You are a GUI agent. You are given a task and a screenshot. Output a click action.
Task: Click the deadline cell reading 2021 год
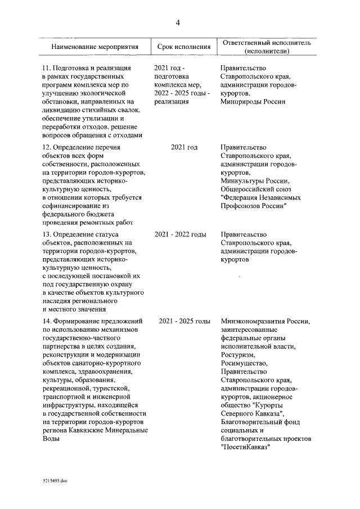click(184, 147)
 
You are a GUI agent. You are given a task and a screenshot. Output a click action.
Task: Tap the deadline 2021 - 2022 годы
click(184, 233)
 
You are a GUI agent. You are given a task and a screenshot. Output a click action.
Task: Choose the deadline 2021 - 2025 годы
click(184, 321)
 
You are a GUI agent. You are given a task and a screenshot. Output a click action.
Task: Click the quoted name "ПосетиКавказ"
click(246, 447)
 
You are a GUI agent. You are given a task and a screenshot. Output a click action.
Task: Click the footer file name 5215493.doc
click(55, 481)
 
